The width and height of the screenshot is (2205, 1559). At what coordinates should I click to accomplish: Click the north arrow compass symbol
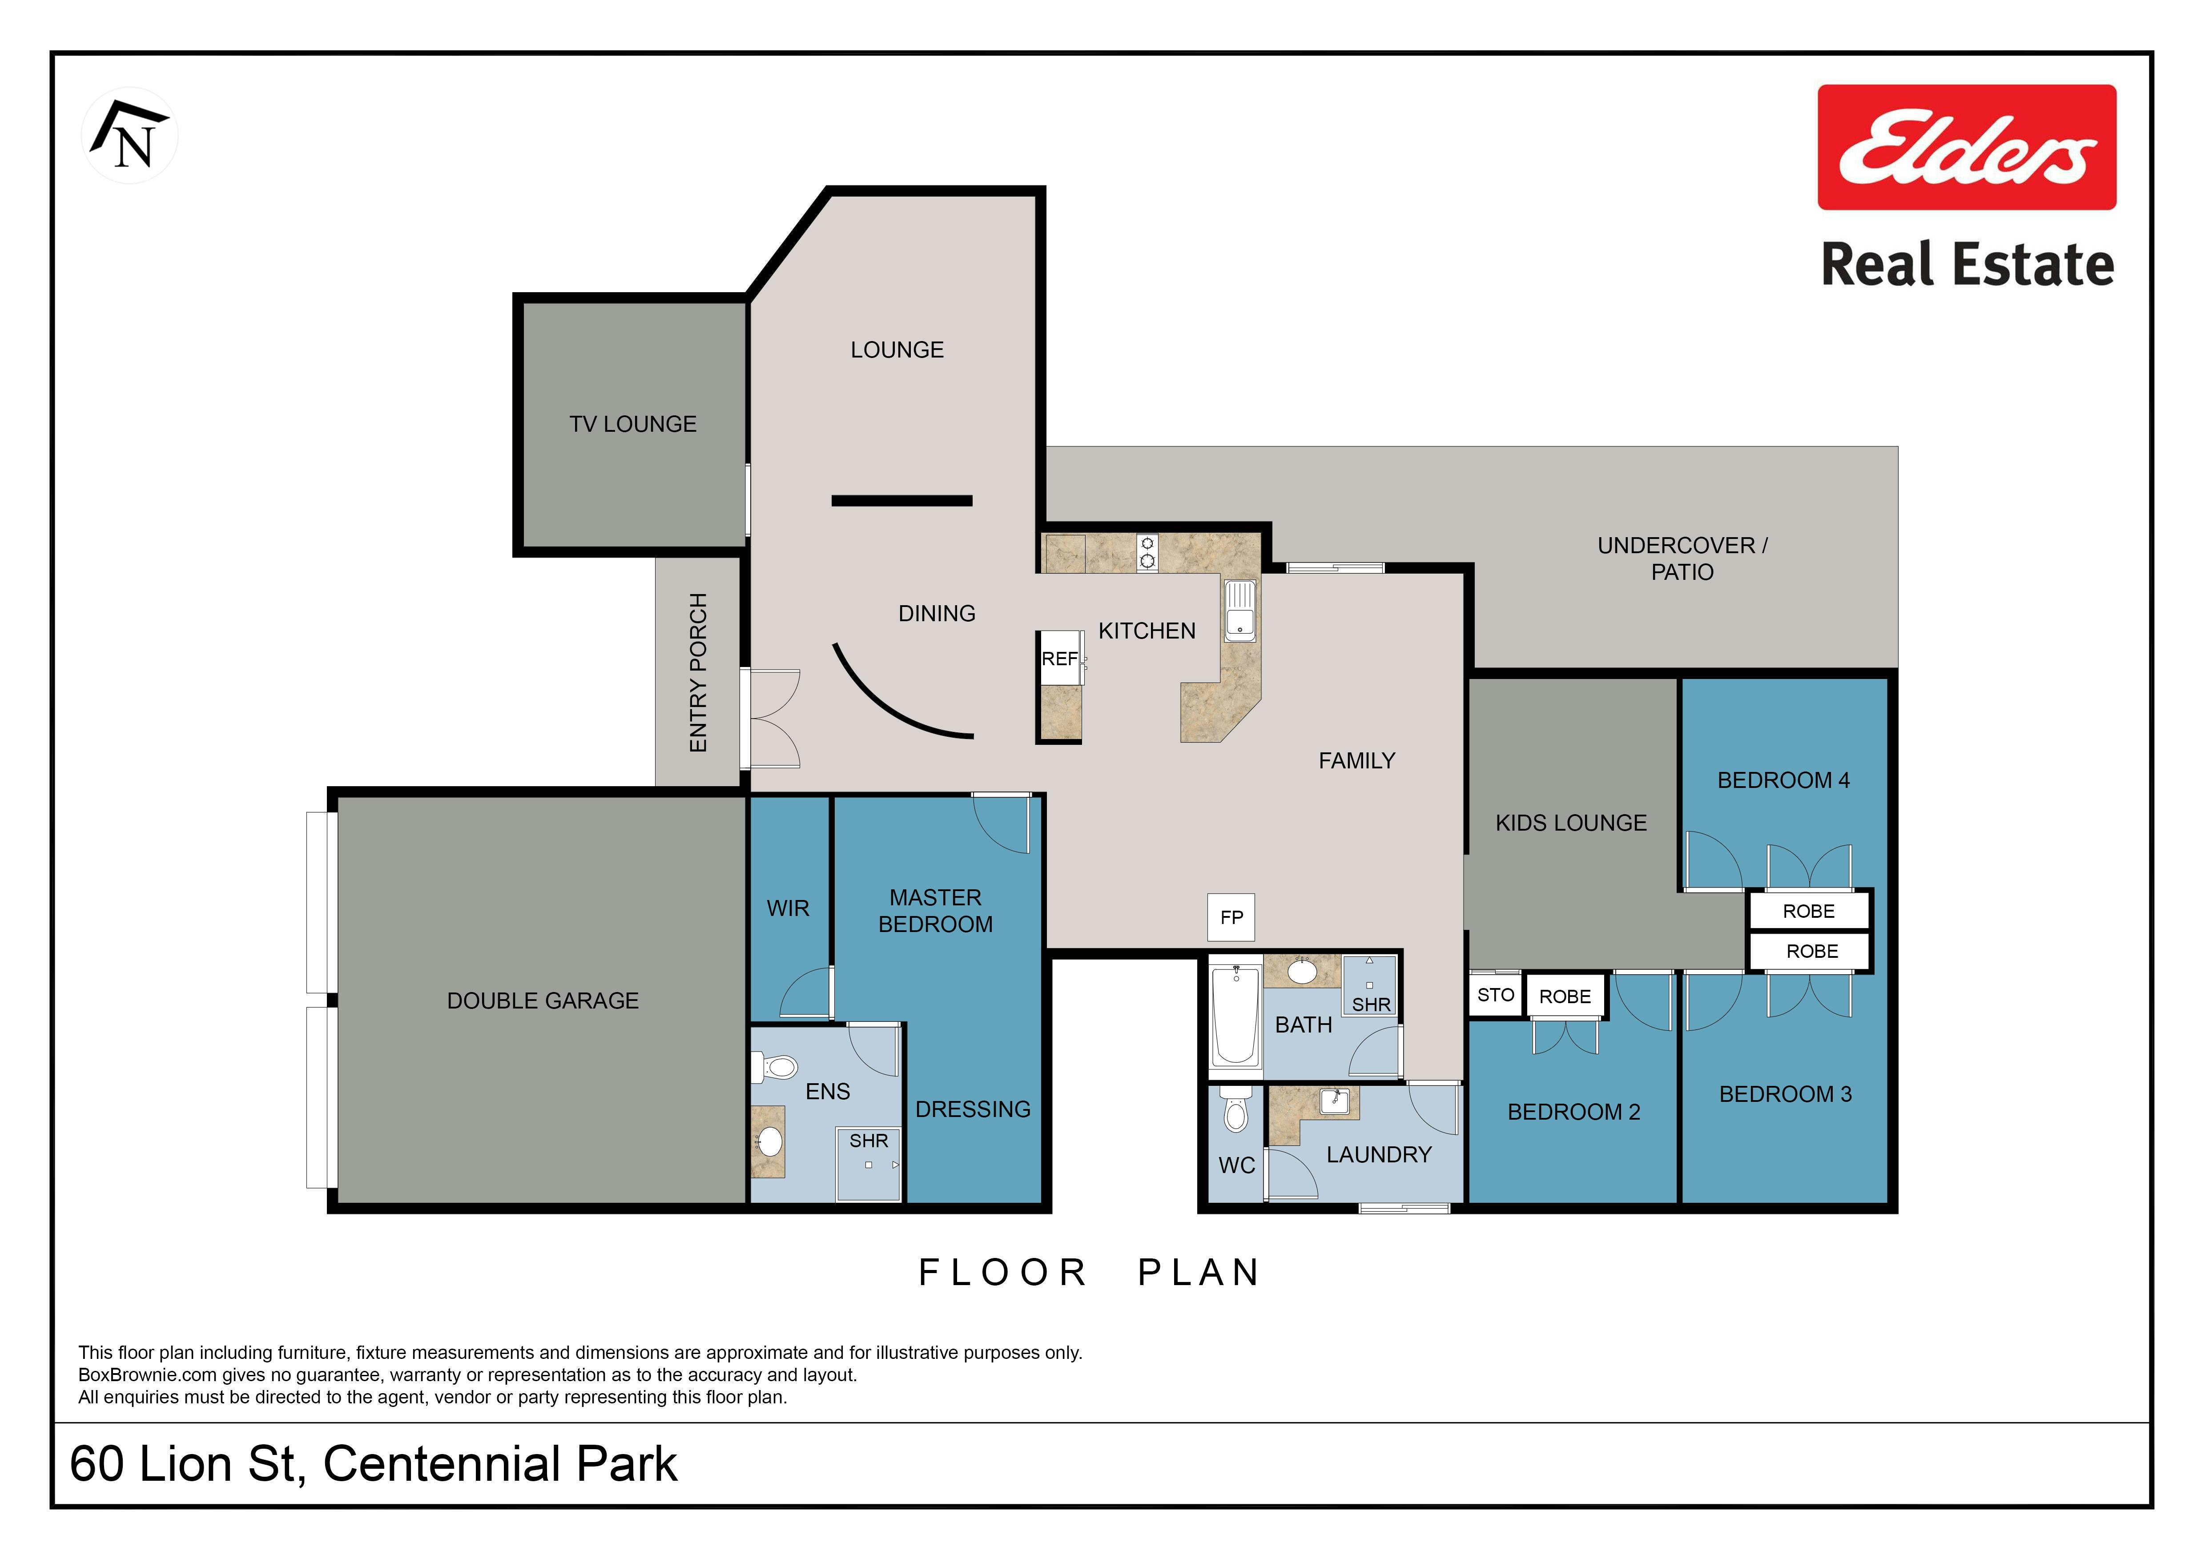[x=130, y=135]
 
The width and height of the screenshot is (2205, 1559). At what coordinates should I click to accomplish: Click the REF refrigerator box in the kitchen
[x=1059, y=659]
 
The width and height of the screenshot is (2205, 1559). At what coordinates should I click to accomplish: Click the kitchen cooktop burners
[x=1147, y=553]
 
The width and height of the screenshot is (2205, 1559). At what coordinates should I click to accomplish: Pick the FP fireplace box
[x=1231, y=917]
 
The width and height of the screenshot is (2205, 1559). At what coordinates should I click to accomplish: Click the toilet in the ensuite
[x=777, y=1067]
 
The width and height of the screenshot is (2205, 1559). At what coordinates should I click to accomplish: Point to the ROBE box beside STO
[x=1565, y=996]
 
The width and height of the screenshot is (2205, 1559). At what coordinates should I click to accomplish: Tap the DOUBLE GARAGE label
[x=543, y=1000]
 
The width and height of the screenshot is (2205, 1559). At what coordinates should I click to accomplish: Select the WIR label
[x=788, y=908]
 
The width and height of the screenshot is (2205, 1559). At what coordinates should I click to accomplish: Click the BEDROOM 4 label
[x=1783, y=780]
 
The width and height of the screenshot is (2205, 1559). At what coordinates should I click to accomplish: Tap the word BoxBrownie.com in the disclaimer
[x=148, y=1374]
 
